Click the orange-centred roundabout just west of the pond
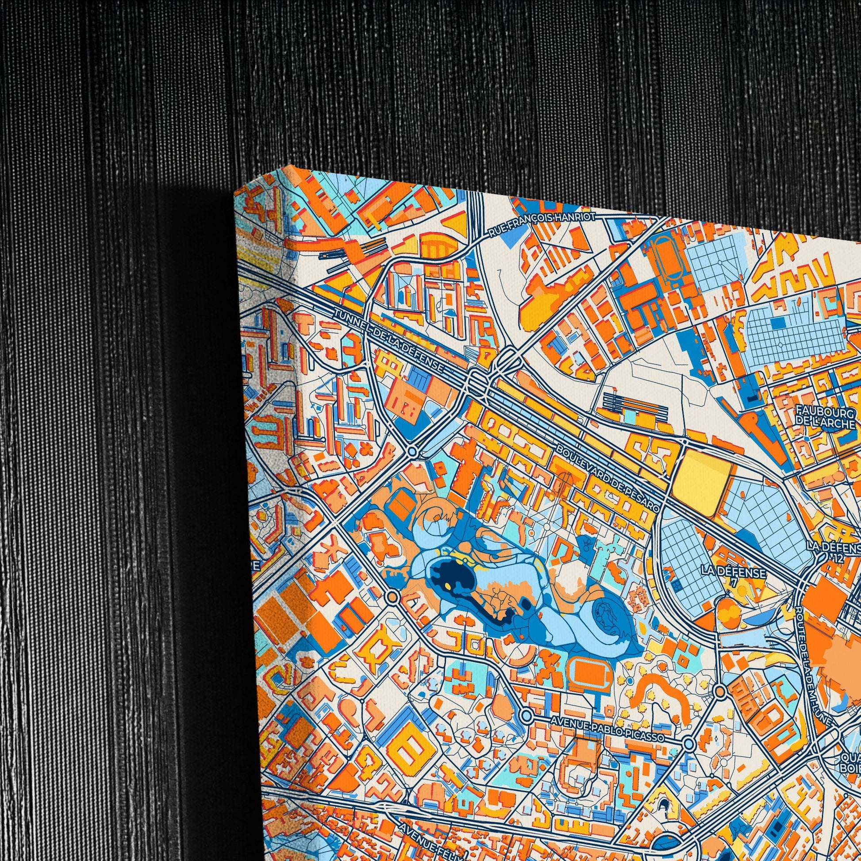point(392,596)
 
